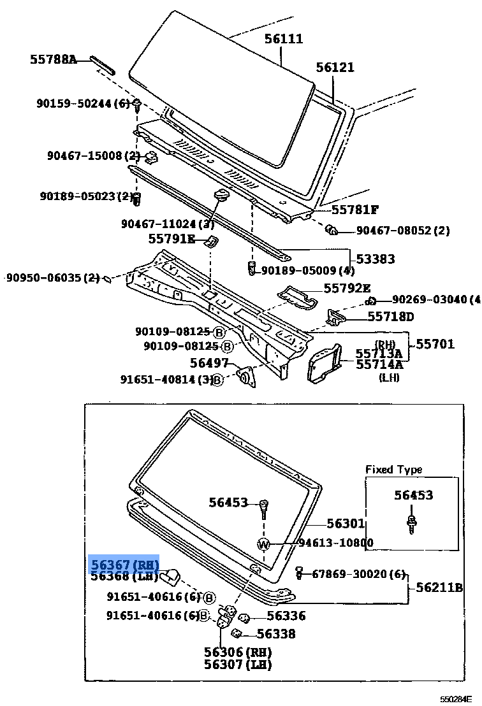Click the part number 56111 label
pyautogui.click(x=284, y=39)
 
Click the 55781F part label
pyautogui.click(x=354, y=209)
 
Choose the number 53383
pyautogui.click(x=375, y=259)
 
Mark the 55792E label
pyautogui.click(x=347, y=288)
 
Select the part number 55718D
pyautogui.click(x=390, y=317)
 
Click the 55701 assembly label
pyautogui.click(x=435, y=344)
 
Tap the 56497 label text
pyautogui.click(x=209, y=363)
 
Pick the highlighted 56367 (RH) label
pyautogui.click(x=123, y=565)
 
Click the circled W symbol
pyautogui.click(x=265, y=544)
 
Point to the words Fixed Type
pyautogui.click(x=393, y=470)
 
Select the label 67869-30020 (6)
pyautogui.click(x=358, y=574)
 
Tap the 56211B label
pyautogui.click(x=439, y=587)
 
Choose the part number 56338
pyautogui.click(x=276, y=633)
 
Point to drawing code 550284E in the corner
pyautogui.click(x=456, y=699)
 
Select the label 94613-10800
pyautogui.click(x=336, y=543)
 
